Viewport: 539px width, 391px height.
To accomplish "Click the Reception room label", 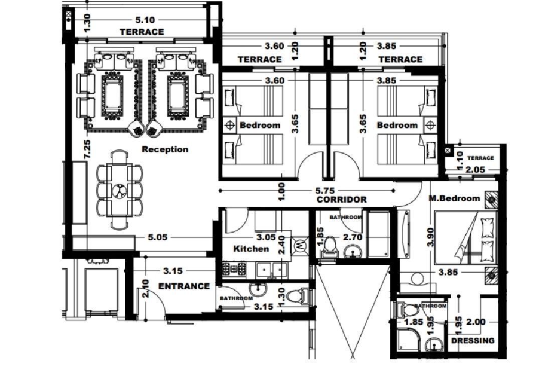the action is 165,149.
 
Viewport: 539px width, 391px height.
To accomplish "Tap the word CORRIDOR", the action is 341,200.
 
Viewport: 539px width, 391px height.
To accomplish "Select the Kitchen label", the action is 251,249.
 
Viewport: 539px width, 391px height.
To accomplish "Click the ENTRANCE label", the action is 184,286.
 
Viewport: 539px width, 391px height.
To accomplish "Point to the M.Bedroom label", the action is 454,198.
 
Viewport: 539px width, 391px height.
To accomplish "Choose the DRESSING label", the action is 473,340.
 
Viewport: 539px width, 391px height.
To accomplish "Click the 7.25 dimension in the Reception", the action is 87,149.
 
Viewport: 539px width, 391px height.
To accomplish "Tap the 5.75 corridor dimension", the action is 325,190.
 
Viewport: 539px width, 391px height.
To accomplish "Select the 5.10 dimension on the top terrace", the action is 145,20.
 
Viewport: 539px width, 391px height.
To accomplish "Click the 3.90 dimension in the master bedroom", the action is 430,237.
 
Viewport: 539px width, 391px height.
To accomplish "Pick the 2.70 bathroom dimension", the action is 353,237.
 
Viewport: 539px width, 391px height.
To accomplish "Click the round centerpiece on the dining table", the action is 120,191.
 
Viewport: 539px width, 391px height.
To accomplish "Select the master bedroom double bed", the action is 465,237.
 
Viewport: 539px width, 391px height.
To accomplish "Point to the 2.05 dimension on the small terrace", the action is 475,170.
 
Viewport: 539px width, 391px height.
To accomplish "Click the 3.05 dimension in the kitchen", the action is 267,237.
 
